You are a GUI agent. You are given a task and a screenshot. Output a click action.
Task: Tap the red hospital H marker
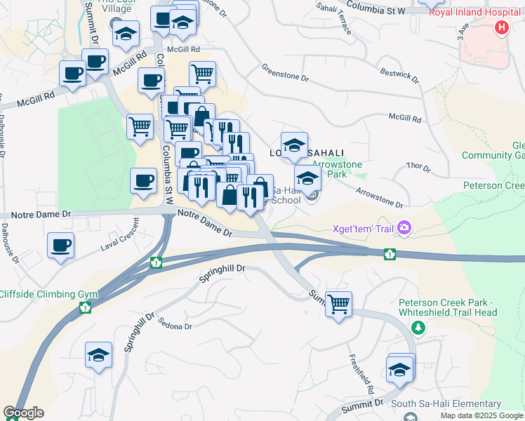point(501,28)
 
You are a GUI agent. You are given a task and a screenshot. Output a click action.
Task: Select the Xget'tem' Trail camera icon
point(404,227)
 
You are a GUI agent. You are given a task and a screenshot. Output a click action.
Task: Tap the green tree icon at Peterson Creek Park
point(418,328)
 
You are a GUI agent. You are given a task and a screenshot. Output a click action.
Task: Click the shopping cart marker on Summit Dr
point(338,305)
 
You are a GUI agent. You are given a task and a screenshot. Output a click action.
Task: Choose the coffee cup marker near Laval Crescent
point(60,246)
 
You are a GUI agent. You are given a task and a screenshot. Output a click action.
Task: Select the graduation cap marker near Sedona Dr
point(98,355)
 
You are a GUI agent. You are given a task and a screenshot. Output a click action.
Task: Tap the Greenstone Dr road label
point(285,72)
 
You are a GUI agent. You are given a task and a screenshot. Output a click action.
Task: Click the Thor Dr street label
point(418,166)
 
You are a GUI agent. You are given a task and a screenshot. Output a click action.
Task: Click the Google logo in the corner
point(23,413)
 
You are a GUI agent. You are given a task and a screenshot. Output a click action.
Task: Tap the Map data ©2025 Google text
point(481,415)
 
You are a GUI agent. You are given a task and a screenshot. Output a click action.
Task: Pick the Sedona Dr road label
point(175,324)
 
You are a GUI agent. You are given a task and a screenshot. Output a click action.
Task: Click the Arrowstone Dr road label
point(379,197)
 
